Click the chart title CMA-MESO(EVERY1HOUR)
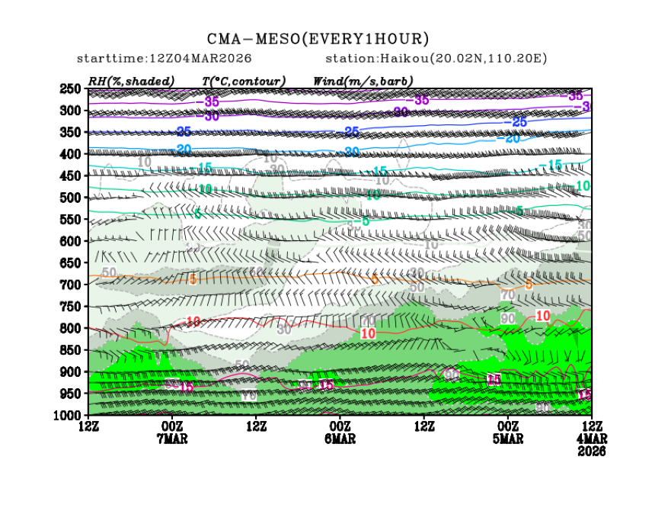pyautogui.click(x=318, y=39)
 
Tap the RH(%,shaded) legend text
pyautogui.click(x=131, y=81)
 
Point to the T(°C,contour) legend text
pyautogui.click(x=244, y=81)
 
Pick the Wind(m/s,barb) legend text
pyautogui.click(x=363, y=81)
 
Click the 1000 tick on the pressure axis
pyautogui.click(x=70, y=415)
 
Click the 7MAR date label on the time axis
pyautogui.click(x=172, y=439)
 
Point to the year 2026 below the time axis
pyautogui.click(x=591, y=451)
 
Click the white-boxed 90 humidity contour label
pyautogui.click(x=508, y=317)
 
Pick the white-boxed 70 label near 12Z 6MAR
pyautogui.click(x=248, y=395)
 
